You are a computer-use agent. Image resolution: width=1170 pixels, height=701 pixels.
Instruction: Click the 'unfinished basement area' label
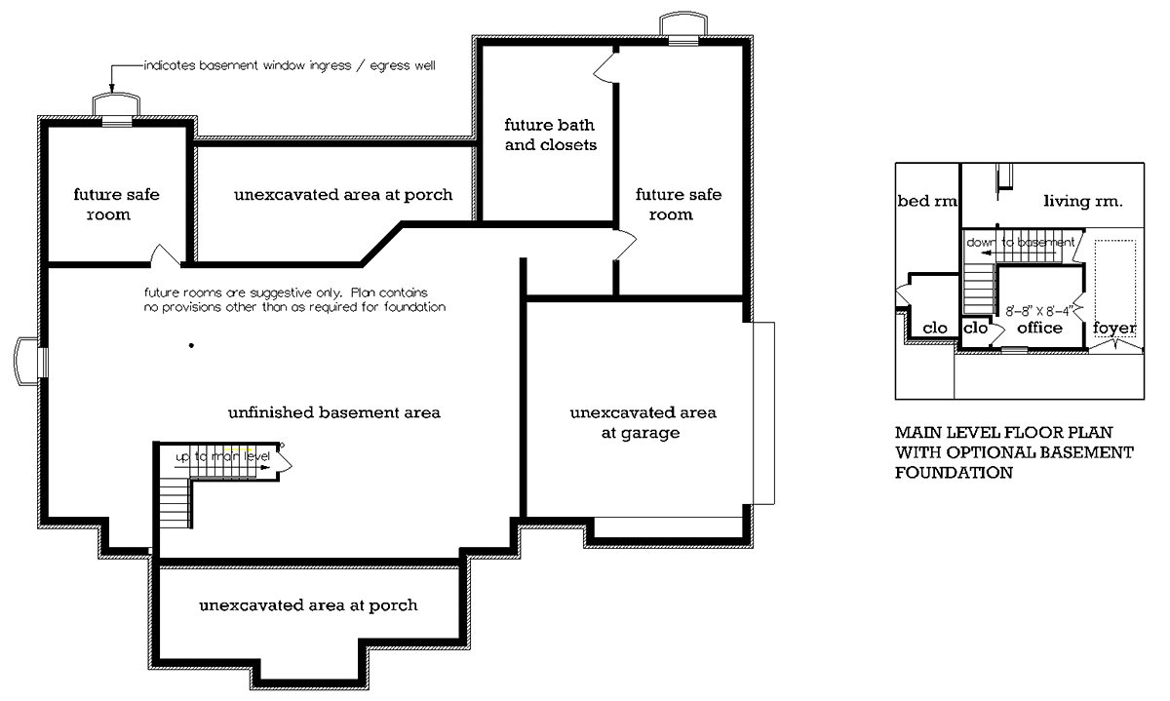click(334, 412)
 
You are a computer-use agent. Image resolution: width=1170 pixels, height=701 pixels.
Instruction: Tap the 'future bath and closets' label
click(550, 135)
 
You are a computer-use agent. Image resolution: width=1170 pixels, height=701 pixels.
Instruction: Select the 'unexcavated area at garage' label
click(643, 423)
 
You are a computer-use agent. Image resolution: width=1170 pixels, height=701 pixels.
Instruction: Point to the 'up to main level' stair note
click(223, 456)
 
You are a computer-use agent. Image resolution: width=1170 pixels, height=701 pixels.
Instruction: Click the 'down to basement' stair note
click(1021, 243)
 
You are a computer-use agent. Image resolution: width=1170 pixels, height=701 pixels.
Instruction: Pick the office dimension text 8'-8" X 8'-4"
click(1039, 311)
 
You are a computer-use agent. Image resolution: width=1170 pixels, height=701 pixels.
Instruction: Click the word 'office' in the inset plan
click(1039, 328)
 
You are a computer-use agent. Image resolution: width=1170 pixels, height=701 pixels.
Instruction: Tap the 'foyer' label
click(1114, 328)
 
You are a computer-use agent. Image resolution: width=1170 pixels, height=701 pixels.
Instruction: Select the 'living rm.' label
click(1083, 201)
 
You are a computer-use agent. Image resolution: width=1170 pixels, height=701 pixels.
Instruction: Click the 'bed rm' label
click(927, 201)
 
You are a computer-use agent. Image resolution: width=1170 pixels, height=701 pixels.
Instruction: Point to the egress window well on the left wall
click(25, 362)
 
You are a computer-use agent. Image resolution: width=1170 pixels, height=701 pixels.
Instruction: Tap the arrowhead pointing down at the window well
click(111, 89)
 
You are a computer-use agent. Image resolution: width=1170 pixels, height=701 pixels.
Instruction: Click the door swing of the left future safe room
click(165, 254)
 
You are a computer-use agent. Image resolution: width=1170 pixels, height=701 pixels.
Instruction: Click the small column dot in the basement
click(192, 345)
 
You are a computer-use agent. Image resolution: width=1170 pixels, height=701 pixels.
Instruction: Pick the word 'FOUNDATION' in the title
click(954, 473)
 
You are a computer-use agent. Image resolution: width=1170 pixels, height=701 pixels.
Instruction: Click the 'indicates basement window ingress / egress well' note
click(290, 66)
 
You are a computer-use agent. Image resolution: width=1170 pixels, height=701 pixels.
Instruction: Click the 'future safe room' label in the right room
click(678, 204)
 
